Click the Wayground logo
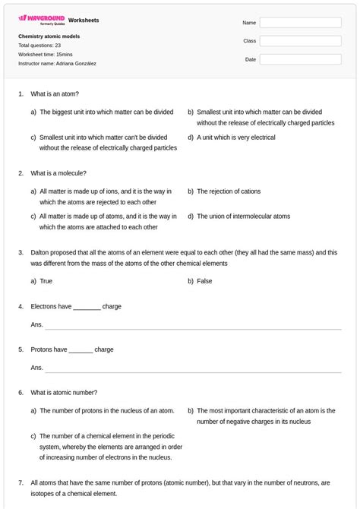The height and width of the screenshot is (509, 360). [42, 19]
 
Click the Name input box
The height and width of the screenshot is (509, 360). [300, 23]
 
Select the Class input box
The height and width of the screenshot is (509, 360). [300, 41]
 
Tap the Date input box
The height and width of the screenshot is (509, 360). [300, 59]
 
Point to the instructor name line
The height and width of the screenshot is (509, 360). [57, 64]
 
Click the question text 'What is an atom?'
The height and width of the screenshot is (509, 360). [53, 93]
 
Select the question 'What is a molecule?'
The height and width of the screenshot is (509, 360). [58, 173]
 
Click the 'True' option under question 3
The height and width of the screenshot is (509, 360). [46, 281]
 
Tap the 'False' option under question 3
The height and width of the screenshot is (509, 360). [204, 281]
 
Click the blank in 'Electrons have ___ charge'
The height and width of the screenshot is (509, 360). [87, 308]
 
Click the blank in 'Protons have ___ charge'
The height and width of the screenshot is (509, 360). [81, 350]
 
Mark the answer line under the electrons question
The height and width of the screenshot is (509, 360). [193, 327]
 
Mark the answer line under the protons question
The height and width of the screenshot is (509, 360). [193, 371]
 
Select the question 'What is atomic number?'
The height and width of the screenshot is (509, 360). [64, 393]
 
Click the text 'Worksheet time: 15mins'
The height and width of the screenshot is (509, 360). [45, 55]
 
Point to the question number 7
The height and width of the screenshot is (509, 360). [21, 483]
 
